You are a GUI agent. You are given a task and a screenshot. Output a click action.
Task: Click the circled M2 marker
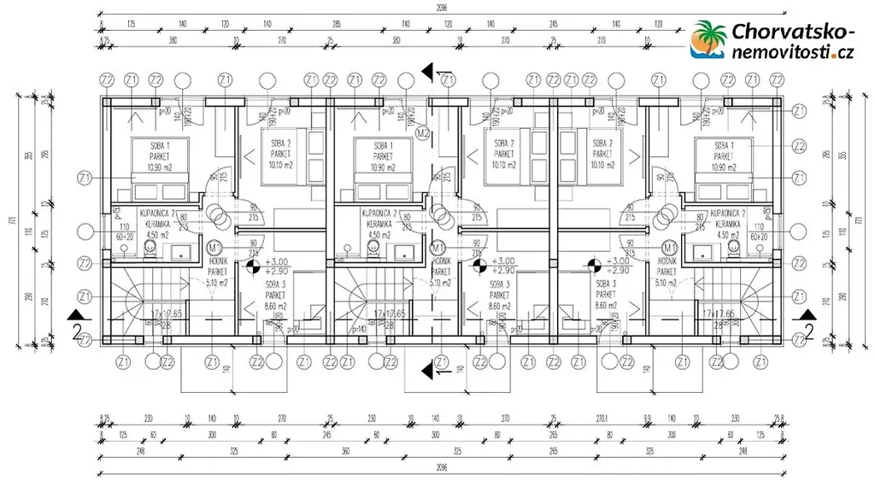[422, 132]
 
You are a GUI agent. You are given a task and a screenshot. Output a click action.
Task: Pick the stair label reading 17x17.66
[720, 313]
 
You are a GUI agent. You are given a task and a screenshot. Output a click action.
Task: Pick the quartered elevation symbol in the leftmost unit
[253, 267]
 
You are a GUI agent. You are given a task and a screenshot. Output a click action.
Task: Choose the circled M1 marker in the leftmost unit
[215, 248]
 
